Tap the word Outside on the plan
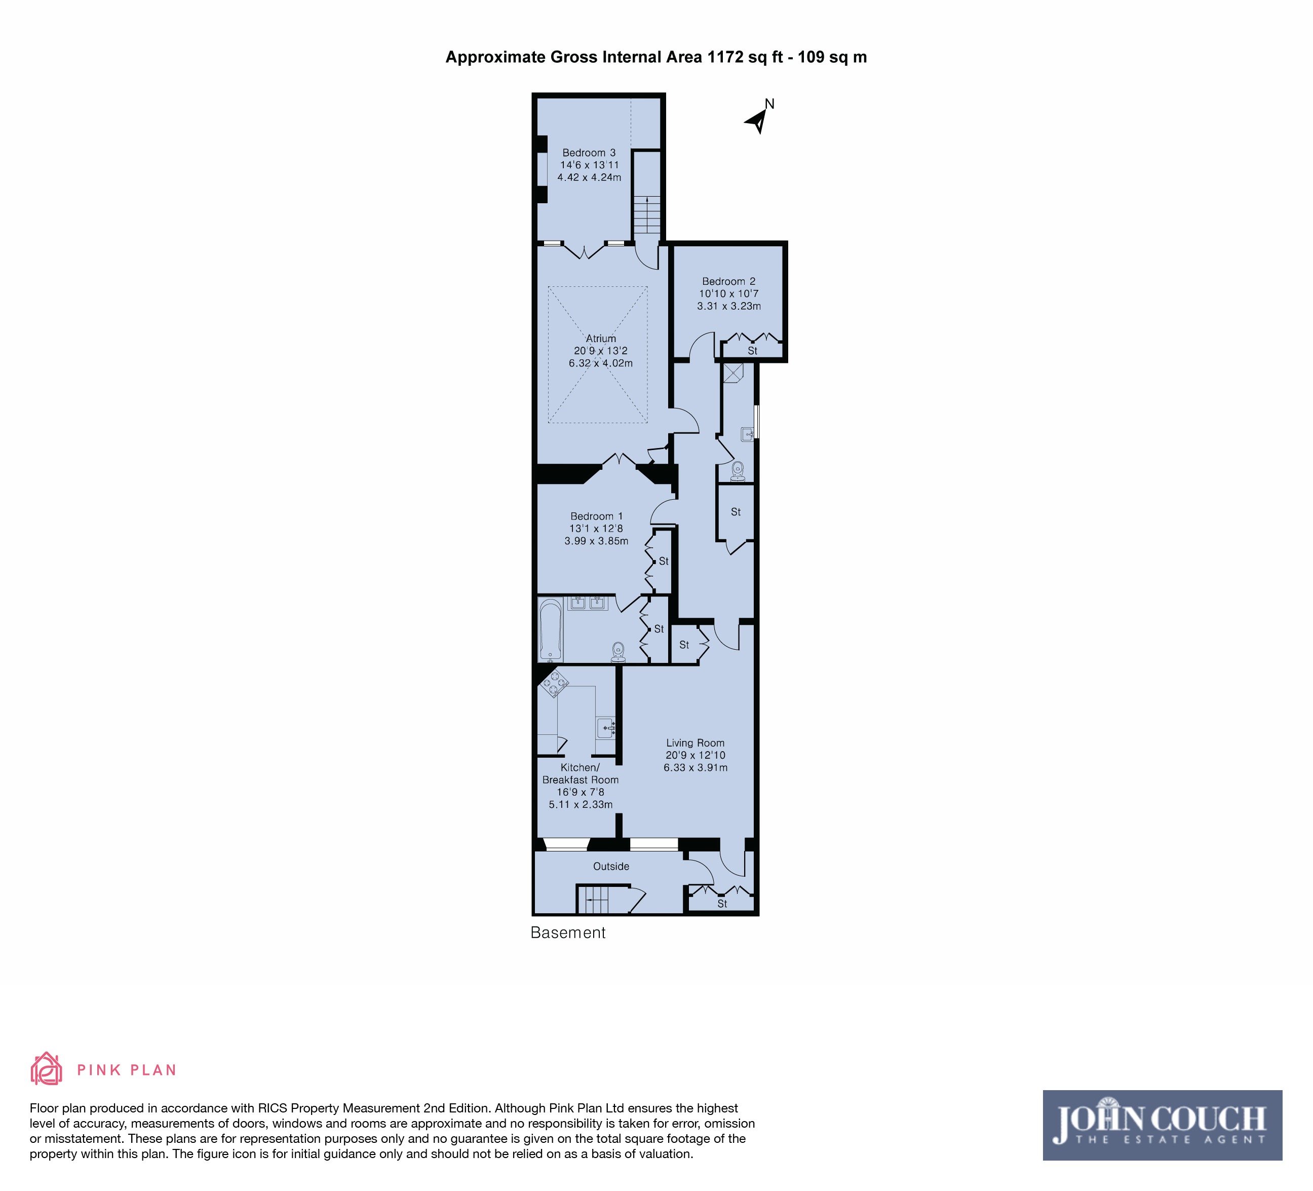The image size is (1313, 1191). tap(611, 866)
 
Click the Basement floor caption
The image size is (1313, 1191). tap(568, 933)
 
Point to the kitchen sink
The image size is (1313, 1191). tap(606, 727)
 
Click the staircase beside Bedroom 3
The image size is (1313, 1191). tap(647, 214)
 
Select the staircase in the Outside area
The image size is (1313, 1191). tap(593, 900)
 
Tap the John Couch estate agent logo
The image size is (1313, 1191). tap(1162, 1125)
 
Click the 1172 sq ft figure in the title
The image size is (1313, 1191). tap(745, 57)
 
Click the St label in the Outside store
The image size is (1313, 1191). tap(722, 904)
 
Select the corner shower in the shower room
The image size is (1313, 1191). tap(733, 373)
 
